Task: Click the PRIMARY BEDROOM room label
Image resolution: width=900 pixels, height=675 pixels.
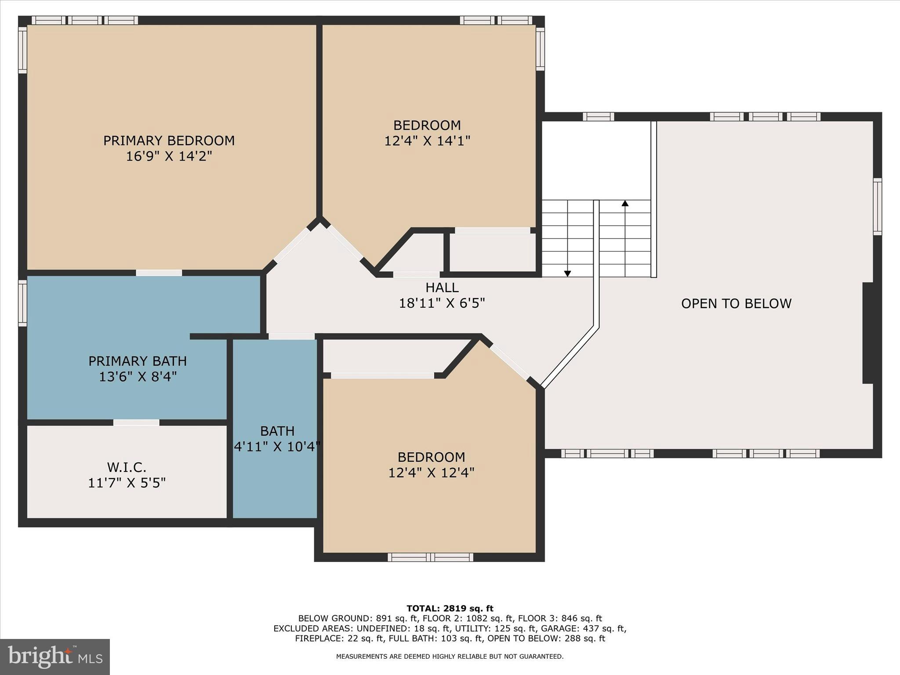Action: point(169,141)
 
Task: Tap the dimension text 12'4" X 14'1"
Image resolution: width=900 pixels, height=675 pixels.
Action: point(427,141)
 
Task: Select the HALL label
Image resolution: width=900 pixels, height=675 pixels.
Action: point(442,287)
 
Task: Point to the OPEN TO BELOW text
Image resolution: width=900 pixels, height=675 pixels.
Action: point(736,303)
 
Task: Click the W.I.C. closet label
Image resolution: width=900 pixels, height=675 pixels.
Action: point(127,467)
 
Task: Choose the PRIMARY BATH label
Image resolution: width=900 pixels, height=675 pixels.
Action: point(138,361)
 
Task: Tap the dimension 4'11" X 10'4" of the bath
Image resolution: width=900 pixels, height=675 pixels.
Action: point(277,447)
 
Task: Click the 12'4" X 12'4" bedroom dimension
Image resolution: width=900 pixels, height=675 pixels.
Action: point(431,473)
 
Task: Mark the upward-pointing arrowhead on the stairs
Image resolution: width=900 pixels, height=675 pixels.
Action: point(625,203)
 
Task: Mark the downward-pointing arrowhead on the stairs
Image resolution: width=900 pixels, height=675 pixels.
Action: point(567,273)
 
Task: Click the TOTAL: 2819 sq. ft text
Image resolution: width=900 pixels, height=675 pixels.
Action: point(450,609)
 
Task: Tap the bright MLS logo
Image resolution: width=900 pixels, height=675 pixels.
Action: point(55,657)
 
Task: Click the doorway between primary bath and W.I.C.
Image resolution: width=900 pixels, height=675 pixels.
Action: point(136,422)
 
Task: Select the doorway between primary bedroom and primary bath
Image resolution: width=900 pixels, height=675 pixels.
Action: point(159,273)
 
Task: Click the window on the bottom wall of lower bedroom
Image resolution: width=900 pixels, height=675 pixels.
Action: point(430,557)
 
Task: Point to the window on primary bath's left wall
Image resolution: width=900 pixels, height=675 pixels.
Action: point(22,303)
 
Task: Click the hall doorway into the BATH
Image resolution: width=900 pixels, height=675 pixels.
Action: point(291,336)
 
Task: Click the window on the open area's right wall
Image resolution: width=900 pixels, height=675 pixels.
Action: point(877,207)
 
